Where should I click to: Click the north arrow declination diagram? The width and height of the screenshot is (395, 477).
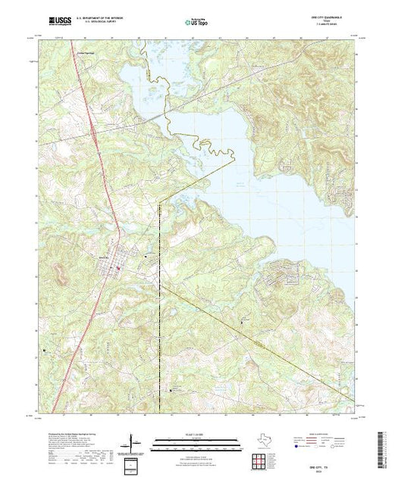click(x=133, y=440)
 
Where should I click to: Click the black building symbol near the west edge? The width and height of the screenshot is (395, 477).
click(x=44, y=350)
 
